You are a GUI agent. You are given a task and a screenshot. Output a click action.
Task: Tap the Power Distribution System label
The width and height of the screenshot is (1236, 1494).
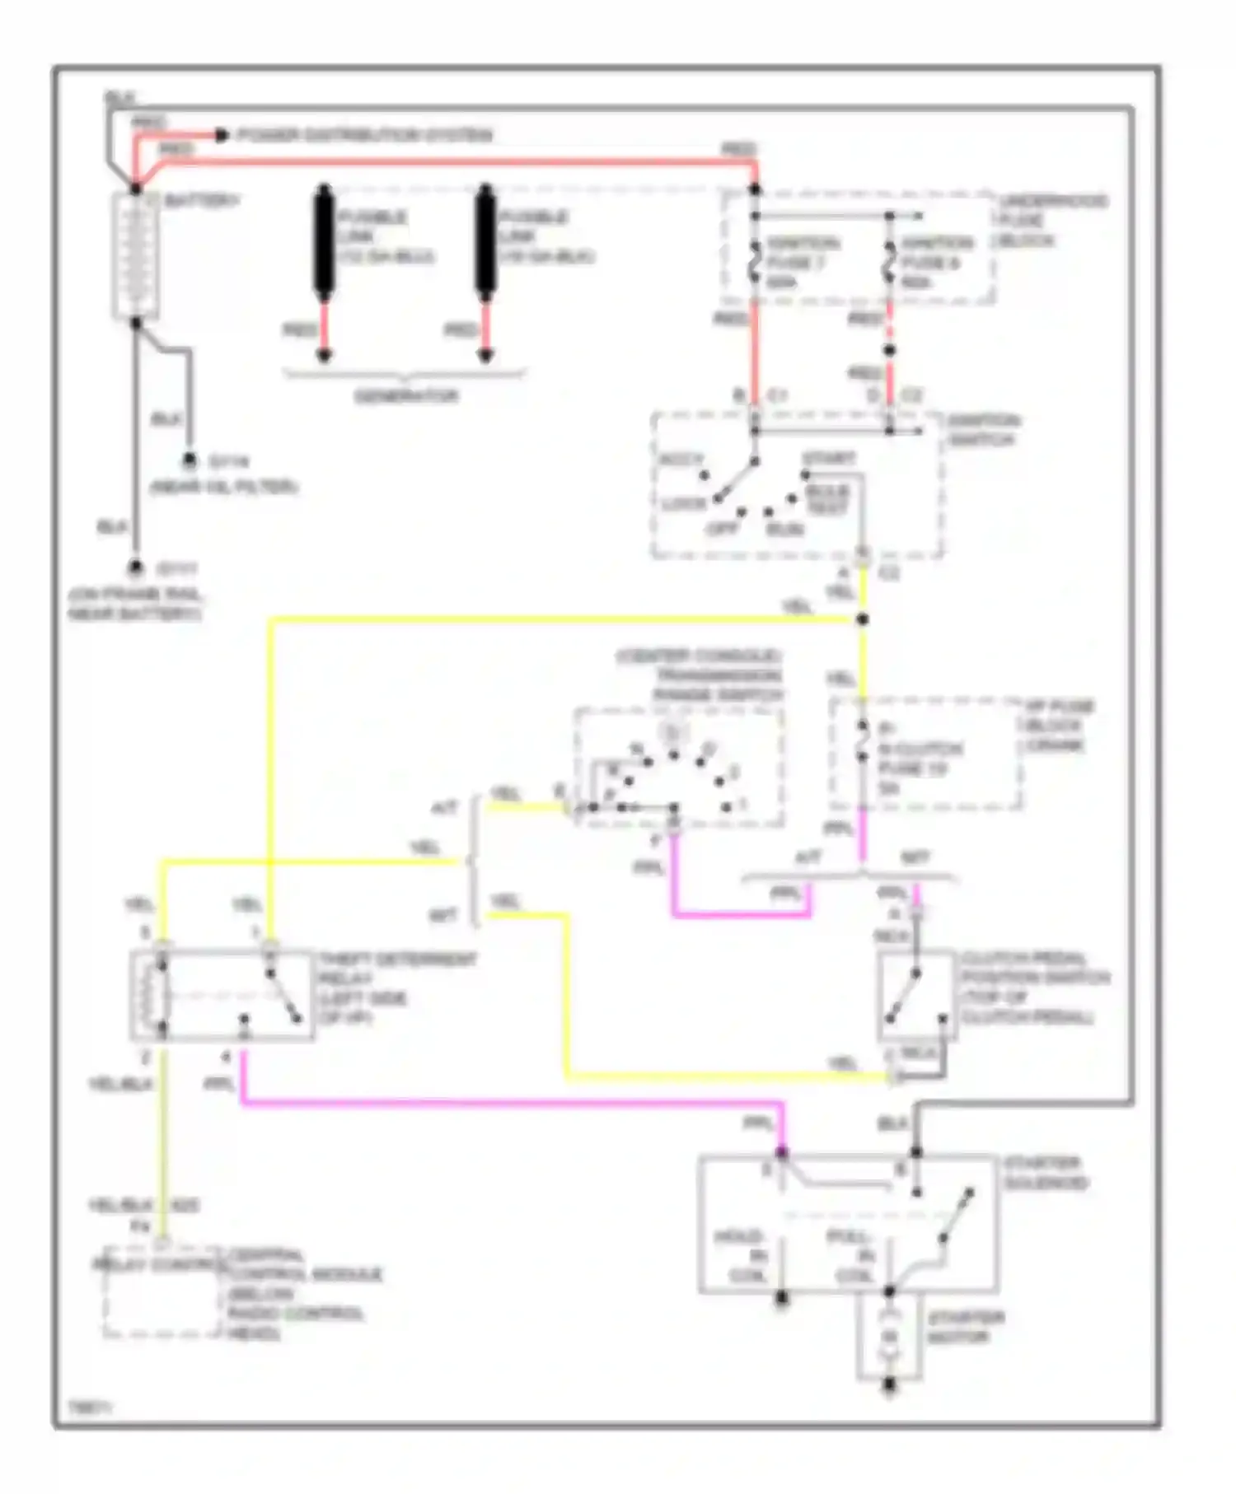365,135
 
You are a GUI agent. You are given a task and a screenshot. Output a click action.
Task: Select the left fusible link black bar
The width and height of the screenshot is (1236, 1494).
324,240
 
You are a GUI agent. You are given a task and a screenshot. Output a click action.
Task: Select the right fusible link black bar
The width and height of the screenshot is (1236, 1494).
485,240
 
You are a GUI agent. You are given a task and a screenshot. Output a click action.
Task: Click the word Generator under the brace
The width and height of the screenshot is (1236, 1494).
406,396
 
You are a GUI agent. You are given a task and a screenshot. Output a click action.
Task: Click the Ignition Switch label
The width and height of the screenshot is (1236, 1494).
982,430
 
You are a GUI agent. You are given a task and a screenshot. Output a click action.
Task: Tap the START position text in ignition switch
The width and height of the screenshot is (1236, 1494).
828,458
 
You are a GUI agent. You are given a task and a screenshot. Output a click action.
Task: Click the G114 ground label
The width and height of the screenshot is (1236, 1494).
228,461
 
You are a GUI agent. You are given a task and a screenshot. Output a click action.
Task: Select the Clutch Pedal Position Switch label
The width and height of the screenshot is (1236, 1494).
1034,988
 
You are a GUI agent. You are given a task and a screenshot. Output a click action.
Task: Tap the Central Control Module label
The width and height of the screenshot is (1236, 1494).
301,1293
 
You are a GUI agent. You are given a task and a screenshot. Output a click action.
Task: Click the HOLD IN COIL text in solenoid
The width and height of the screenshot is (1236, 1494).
743,1256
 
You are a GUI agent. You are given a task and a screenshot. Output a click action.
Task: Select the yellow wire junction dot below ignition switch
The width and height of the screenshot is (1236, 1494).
862,619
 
